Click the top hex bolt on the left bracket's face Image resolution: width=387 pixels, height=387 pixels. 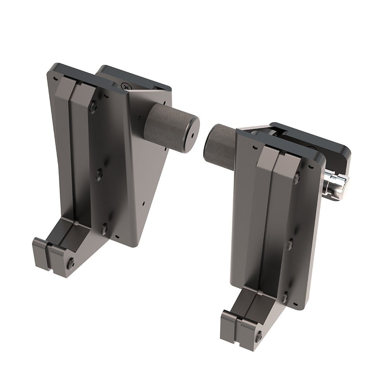(93, 107)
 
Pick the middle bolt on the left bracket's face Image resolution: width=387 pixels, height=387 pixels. (99, 175)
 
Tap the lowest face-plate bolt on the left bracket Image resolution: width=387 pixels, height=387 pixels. (104, 229)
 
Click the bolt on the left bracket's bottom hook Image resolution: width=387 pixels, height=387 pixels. (71, 264)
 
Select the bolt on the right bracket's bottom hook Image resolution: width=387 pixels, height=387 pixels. (259, 336)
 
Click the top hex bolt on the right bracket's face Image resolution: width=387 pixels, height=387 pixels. (296, 178)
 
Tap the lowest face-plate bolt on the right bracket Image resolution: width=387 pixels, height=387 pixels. (285, 297)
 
